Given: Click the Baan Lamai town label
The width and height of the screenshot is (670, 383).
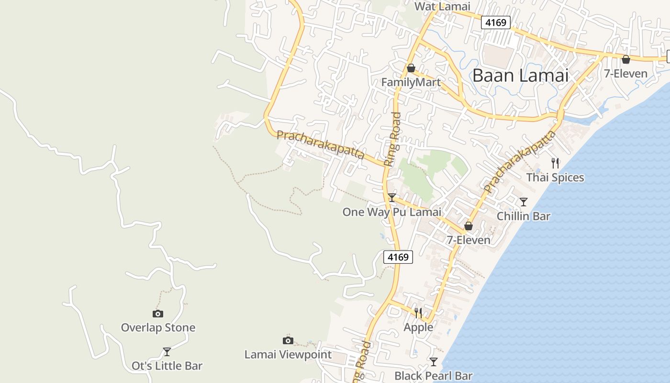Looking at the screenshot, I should click(x=520, y=76).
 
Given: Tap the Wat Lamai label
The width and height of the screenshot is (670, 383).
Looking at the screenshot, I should click(x=442, y=7).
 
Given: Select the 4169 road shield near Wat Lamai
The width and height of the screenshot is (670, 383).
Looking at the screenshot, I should click(x=496, y=22).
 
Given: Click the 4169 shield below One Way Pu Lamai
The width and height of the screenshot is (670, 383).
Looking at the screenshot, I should click(x=398, y=257).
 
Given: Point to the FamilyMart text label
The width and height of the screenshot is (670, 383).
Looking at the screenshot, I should click(x=411, y=82).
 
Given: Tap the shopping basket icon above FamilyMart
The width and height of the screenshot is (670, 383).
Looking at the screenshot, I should click(x=411, y=68).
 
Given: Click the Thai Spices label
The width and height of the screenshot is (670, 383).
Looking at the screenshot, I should click(x=555, y=178).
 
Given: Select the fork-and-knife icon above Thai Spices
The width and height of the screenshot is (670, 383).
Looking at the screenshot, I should click(x=555, y=163).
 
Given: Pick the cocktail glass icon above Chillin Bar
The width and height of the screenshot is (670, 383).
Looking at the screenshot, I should click(x=524, y=202).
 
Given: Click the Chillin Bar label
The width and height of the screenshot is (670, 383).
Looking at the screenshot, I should click(x=524, y=216).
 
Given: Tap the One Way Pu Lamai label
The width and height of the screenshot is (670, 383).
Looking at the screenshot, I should click(x=391, y=212).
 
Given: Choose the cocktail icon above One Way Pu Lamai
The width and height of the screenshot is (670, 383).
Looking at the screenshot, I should click(x=392, y=197).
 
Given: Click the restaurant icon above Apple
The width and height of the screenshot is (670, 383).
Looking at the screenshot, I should click(x=418, y=313).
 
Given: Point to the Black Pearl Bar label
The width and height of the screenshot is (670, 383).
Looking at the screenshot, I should click(x=434, y=376).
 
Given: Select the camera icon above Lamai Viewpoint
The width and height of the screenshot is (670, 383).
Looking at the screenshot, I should click(x=288, y=340).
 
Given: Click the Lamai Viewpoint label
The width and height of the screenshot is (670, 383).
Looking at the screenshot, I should click(x=288, y=355).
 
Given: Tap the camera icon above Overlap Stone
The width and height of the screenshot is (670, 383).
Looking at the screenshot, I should click(x=158, y=314).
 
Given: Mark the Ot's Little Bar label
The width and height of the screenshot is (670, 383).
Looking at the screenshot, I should click(x=167, y=366).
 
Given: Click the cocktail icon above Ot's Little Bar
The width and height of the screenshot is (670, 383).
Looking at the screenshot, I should click(x=167, y=352).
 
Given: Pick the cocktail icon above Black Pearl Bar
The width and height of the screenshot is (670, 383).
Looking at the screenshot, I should click(x=434, y=361).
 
